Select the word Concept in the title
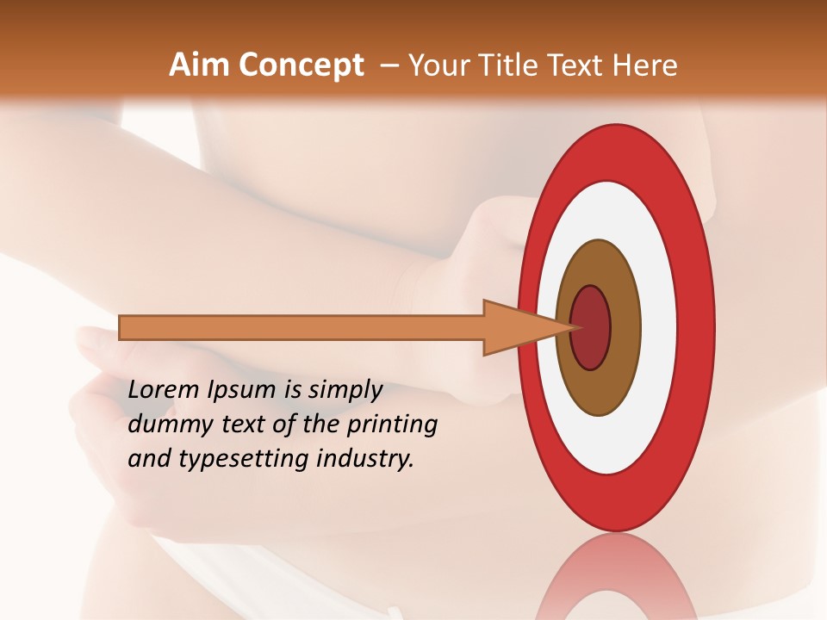click(301, 66)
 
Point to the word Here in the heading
click(646, 65)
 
